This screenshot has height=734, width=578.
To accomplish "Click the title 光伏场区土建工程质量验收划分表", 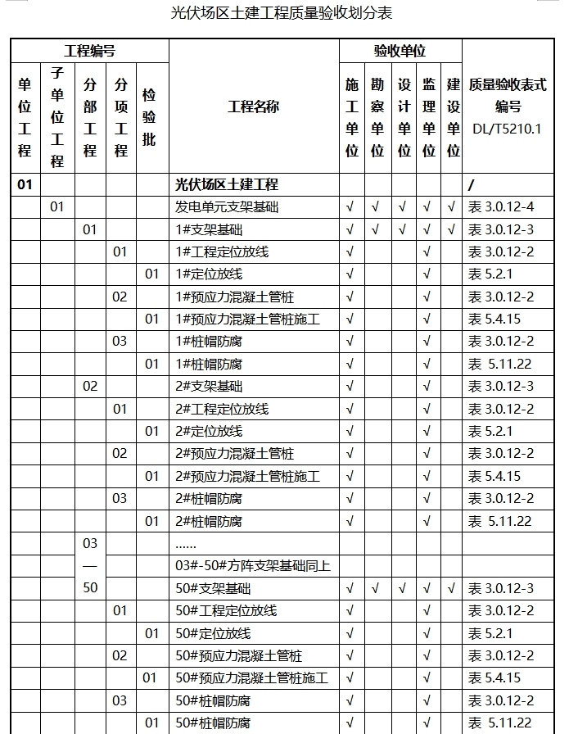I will coord(281,13).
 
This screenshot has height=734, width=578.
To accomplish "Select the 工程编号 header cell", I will coord(89,51).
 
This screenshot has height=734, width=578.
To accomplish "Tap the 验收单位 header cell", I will coord(400,51).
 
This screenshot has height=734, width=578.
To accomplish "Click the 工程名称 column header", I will coord(253,106).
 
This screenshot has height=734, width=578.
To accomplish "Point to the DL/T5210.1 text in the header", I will coord(507,129).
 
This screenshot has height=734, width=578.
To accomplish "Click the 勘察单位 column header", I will coord(377,117).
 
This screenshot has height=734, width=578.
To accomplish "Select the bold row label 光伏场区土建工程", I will coord(227,184).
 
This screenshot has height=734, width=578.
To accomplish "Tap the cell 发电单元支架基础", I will coord(227,207).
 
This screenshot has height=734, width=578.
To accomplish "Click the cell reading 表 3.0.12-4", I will coord(500,207).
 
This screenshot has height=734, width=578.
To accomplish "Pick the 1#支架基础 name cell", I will coord(209,229).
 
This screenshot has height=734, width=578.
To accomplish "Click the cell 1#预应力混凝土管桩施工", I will coord(247,319).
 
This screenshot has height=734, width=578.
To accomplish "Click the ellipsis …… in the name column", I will coord(186,543).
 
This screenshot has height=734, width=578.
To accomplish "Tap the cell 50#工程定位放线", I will coord(227,610).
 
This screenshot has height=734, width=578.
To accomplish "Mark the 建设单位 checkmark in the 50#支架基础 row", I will coord(452,588).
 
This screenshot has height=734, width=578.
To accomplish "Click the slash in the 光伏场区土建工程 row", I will coord(471,184).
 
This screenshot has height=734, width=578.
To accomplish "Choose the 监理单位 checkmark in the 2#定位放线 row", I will coord(427,431).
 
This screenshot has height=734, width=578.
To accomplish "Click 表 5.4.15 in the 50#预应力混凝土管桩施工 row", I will coord(494,677).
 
